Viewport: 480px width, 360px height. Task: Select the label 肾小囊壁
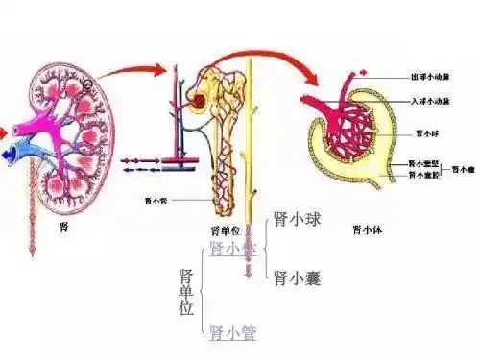coord(423,163)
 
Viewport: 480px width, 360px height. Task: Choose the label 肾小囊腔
coord(423,175)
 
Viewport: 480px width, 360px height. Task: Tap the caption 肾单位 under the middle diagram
coord(223,231)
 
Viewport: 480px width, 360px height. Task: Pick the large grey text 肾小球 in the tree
coord(296,220)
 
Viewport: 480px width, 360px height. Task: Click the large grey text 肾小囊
coord(296,278)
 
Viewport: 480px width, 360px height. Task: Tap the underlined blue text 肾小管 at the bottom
coord(233,332)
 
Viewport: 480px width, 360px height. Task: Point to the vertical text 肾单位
coord(187,293)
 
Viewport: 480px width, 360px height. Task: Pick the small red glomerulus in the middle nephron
coord(199,100)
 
